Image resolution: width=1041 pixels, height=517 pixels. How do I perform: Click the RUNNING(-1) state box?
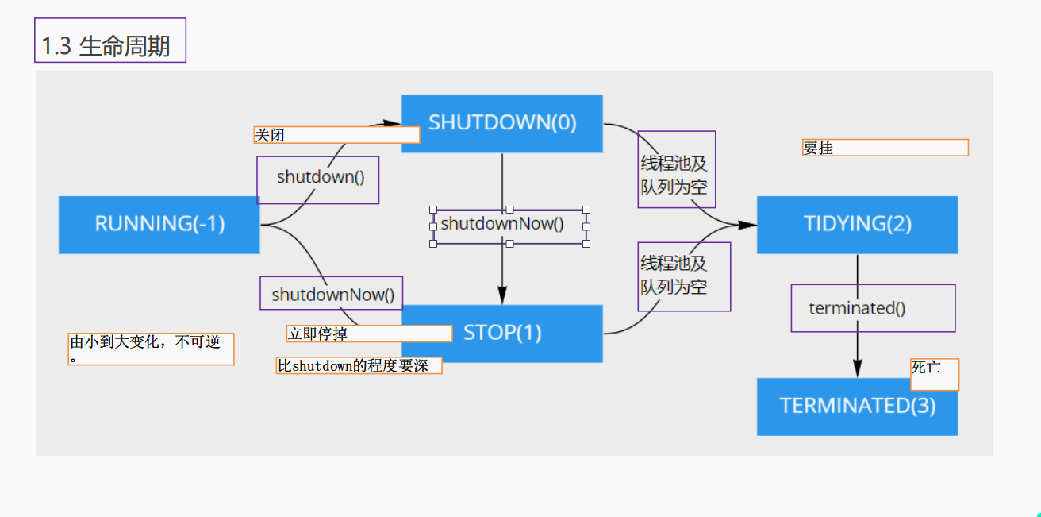point(159,225)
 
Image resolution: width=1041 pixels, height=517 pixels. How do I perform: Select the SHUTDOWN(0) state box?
point(501,123)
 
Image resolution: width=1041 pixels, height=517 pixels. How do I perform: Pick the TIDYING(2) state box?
point(857,225)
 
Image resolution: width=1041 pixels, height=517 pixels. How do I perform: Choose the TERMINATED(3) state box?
point(857,407)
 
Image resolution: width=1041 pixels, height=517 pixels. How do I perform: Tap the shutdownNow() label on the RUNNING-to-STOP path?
point(332,294)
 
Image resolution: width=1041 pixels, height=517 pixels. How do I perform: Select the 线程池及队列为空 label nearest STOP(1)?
point(684,276)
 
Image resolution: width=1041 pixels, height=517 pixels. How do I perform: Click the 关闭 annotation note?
point(336,135)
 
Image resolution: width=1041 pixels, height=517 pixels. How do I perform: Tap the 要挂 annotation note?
point(885,148)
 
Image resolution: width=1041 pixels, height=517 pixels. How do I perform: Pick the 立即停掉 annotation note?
point(369,334)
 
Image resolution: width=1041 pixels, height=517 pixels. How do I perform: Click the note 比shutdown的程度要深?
point(359,366)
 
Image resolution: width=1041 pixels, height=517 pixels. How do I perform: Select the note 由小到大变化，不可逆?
point(151,349)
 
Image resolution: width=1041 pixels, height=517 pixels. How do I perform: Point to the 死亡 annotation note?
point(934,373)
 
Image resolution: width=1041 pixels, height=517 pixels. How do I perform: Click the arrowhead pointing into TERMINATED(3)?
point(857,368)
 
